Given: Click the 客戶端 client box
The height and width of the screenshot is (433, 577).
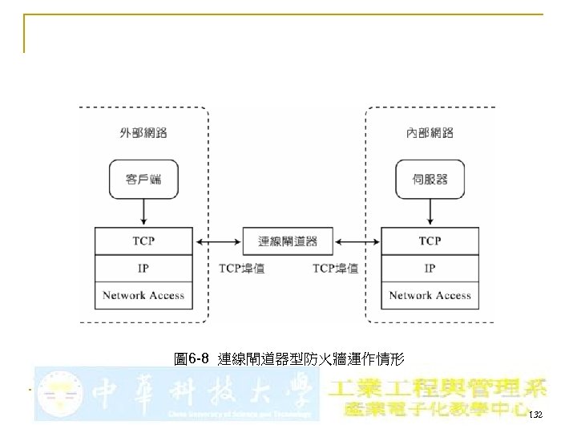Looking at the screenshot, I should coord(143,180).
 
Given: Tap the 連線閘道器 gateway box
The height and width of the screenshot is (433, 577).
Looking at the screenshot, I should coord(288,241).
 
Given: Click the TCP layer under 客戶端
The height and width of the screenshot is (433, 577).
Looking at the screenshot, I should coord(143,241).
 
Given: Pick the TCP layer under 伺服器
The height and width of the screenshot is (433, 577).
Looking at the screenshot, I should coord(430,241).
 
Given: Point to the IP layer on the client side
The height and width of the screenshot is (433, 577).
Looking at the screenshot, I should coord(143,268).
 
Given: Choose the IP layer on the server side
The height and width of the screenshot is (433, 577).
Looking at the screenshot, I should coord(430,268).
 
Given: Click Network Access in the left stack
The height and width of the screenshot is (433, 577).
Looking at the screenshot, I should coord(143,295).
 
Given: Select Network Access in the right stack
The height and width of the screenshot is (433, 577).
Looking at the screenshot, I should coord(430,295).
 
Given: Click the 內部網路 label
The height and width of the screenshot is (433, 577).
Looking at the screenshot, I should coord(430,132).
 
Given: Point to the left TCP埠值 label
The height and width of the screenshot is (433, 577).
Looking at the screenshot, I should coord(242,269).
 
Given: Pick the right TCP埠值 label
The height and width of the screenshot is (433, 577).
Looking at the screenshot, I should coord(335,269).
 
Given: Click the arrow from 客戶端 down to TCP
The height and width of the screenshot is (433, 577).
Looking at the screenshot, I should coord(143,212).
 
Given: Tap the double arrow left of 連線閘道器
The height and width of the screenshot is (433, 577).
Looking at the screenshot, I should coord(218,241).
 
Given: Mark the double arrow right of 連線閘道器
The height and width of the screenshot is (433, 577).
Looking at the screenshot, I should coord(357,241).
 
